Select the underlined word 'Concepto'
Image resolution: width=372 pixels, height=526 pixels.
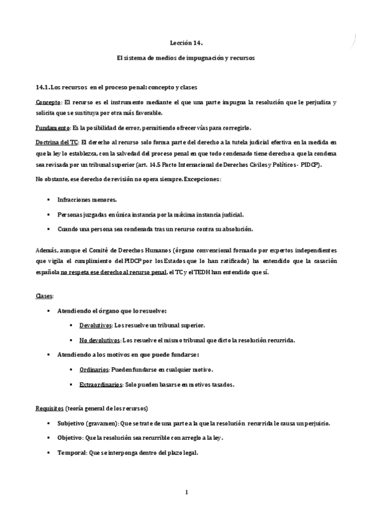pyautogui.click(x=48, y=102)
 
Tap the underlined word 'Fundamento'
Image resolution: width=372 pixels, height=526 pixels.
pyautogui.click(x=53, y=128)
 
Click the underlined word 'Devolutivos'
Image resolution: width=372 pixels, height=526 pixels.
pyautogui.click(x=96, y=325)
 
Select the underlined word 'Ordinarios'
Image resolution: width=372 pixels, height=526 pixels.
pyautogui.click(x=94, y=370)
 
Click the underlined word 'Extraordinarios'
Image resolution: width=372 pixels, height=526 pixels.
pyautogui.click(x=100, y=385)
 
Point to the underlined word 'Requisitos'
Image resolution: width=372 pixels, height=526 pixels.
pyautogui.click(x=50, y=408)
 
